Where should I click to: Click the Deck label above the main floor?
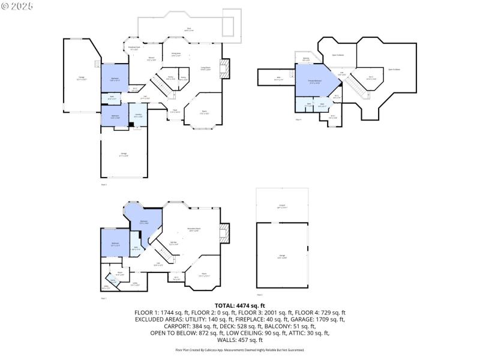click(x=188, y=29)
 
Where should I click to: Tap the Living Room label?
click(x=205, y=68)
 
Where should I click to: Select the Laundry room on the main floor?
click(x=138, y=115)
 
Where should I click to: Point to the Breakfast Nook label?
click(x=134, y=49)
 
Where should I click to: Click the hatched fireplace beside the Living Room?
click(x=225, y=68)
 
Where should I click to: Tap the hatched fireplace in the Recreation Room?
click(x=224, y=233)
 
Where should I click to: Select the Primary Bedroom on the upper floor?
click(x=313, y=83)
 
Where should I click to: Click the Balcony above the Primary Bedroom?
click(x=306, y=59)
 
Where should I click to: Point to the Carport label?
click(x=281, y=206)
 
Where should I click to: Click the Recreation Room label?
click(x=194, y=229)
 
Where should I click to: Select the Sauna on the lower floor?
click(x=113, y=280)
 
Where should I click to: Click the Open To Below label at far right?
click(x=394, y=70)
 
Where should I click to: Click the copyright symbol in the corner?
click(x=5, y=5)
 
